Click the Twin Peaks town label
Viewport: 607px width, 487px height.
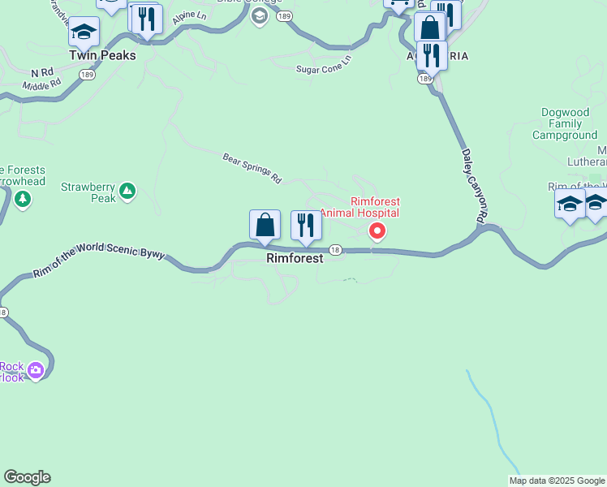pos(102,55)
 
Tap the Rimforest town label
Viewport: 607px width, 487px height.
pos(295,258)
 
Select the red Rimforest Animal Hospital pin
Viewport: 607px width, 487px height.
pos(377,231)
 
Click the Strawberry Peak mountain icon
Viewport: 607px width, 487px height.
pos(127,192)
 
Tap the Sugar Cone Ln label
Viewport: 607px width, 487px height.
pos(323,66)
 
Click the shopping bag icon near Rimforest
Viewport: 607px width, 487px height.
pos(265,225)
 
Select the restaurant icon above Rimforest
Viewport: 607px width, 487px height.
pos(306,226)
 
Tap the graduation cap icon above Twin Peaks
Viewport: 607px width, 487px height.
pos(84,32)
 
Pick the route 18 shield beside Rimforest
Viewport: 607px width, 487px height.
pos(335,250)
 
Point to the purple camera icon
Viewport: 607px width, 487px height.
pos(35,371)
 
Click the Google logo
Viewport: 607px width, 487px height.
pos(27,477)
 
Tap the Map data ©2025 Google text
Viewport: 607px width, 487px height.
pos(557,481)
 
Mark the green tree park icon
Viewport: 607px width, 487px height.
pos(23,199)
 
